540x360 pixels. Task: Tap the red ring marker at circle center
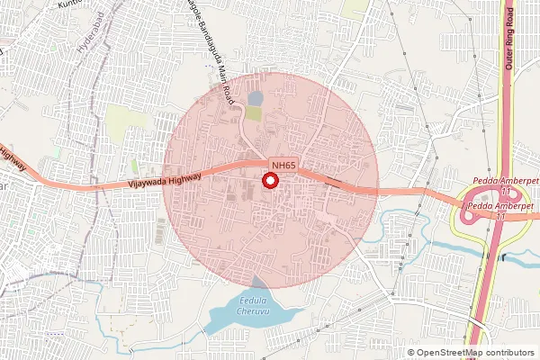pyautogui.click(x=269, y=182)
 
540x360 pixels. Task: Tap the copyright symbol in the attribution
pyautogui.click(x=411, y=352)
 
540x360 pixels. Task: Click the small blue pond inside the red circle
pyautogui.click(x=256, y=98)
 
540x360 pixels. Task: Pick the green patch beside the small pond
pyautogui.click(x=256, y=114)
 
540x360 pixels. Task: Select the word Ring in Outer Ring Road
pyautogui.click(x=510, y=33)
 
